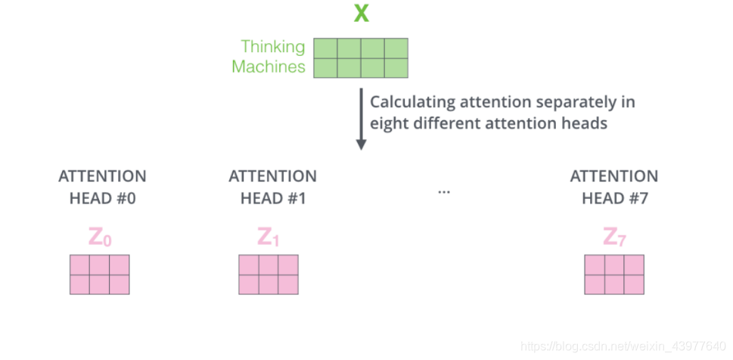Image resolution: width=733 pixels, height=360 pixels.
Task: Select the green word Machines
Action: pyautogui.click(x=269, y=67)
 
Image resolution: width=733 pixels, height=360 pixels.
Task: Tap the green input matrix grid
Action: pyautogui.click(x=361, y=58)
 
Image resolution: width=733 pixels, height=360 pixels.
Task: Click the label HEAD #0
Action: pyautogui.click(x=102, y=200)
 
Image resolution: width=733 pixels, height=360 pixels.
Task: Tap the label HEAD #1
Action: pyautogui.click(x=272, y=200)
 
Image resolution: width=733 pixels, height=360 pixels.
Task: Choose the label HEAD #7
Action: pyautogui.click(x=613, y=200)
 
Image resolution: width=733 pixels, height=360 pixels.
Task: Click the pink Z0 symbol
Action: pyautogui.click(x=100, y=238)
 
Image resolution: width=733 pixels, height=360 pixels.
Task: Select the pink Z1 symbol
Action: pyautogui.click(x=269, y=238)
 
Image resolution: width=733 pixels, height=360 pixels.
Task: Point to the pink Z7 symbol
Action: pyautogui.click(x=613, y=238)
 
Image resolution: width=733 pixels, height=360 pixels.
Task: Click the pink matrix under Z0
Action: pyautogui.click(x=100, y=275)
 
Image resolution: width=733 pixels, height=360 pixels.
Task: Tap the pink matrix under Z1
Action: pyautogui.click(x=269, y=275)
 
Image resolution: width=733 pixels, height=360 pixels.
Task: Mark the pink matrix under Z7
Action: pyautogui.click(x=614, y=275)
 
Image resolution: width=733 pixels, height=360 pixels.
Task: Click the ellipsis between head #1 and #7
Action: pyautogui.click(x=444, y=192)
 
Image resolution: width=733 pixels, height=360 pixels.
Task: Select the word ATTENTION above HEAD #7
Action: pyautogui.click(x=613, y=177)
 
